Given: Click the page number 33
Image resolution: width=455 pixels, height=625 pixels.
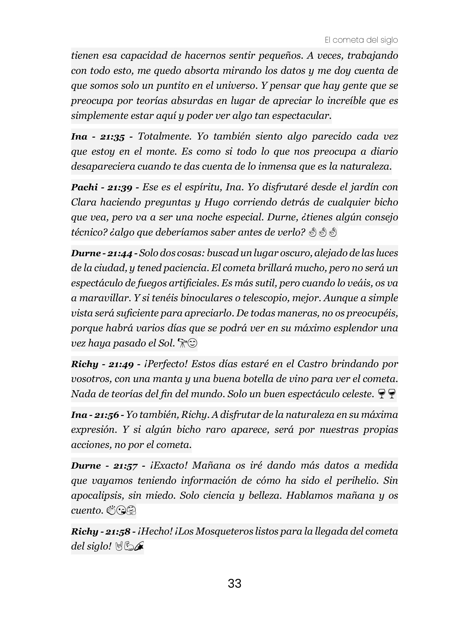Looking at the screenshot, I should coord(234,583).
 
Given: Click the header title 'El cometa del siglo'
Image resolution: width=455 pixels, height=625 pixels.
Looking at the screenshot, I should coord(361,40).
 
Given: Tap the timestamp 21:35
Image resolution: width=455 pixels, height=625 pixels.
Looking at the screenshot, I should coord(112,137).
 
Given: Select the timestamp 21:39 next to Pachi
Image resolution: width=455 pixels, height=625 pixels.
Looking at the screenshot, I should coord(119,187).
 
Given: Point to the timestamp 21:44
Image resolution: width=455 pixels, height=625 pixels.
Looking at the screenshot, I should coord(119,253).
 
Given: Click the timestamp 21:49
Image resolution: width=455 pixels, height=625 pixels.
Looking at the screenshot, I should coord(121,364).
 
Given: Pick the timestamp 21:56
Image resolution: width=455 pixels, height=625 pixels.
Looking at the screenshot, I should coord(106,415).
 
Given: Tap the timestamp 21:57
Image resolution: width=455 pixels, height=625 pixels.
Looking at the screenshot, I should coord(125,466).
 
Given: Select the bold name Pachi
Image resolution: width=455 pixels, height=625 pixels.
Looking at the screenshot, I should coord(84,187).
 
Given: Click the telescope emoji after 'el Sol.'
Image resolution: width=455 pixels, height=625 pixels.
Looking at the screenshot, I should coord(182,343).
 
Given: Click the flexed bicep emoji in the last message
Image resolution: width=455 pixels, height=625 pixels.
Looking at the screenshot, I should coord(129,547).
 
